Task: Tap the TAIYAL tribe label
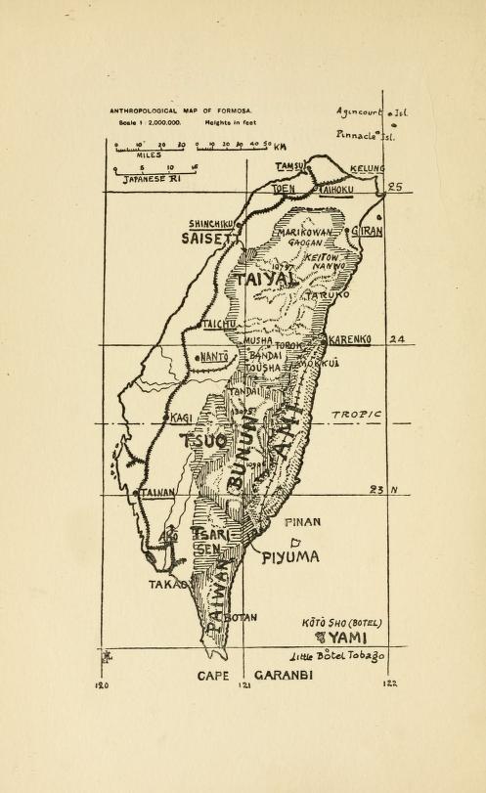pyautogui.click(x=262, y=280)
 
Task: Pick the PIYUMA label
pyautogui.click(x=290, y=557)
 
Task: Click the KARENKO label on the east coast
pyautogui.click(x=349, y=339)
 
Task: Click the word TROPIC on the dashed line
pyautogui.click(x=355, y=416)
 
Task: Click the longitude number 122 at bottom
pyautogui.click(x=389, y=683)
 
